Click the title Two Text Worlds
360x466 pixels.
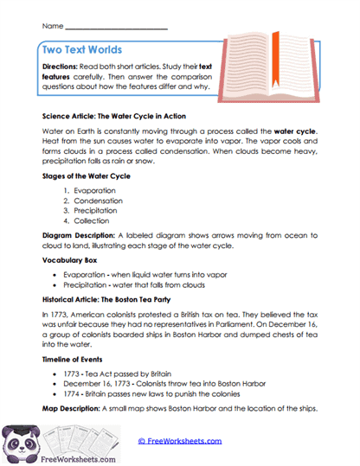[x=82, y=49]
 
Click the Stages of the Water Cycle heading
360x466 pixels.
[x=86, y=176]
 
